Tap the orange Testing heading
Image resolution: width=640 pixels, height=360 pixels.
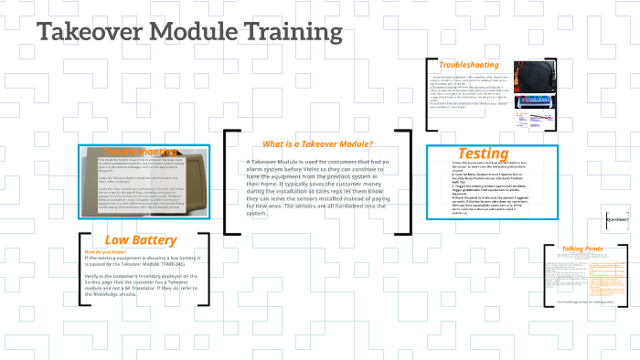tap(483, 153)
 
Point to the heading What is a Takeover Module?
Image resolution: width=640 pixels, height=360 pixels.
tap(317, 143)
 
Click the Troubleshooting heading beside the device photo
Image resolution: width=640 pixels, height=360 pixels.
tap(468, 65)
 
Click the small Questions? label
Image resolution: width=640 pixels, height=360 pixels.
tap(617, 220)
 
